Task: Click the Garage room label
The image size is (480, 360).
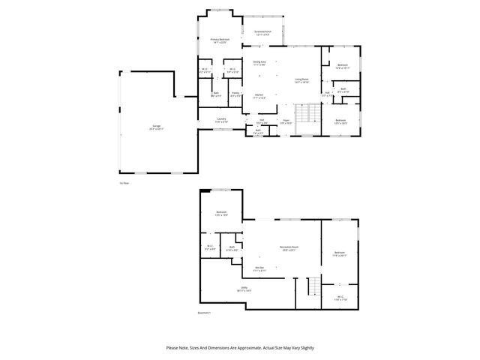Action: tap(156, 128)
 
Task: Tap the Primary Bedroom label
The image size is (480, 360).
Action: tap(220, 40)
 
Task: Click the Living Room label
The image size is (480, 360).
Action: tap(301, 80)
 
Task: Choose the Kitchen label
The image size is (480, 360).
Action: tap(259, 96)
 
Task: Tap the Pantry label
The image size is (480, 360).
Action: tap(235, 94)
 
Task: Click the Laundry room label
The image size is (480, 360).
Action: tap(222, 119)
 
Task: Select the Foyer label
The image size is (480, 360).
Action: tap(286, 121)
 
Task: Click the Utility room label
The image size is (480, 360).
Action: tap(244, 288)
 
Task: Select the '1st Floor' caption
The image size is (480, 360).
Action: tap(124, 182)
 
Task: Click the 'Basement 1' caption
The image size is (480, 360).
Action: tap(204, 313)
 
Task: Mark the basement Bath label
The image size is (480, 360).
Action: tap(232, 248)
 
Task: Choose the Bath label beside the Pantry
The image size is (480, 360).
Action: tap(214, 94)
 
